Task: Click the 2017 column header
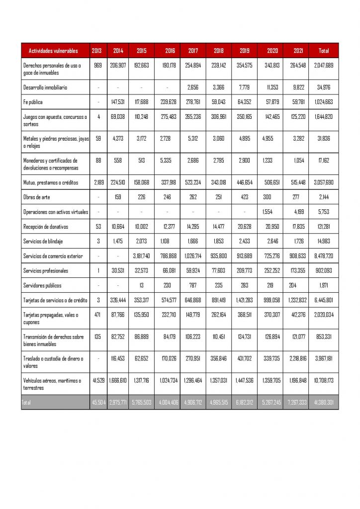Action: tap(193, 51)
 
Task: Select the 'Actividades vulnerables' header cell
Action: tap(53, 51)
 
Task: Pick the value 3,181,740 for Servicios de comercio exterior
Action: tap(142, 256)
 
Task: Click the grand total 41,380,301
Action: tap(323, 403)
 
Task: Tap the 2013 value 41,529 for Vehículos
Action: tap(97, 381)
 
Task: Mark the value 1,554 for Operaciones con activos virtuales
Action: tap(268, 212)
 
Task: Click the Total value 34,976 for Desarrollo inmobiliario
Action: tap(324, 87)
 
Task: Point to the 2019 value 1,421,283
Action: tap(245, 300)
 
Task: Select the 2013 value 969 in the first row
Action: tap(97, 65)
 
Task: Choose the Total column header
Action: tap(324, 51)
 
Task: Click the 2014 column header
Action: tap(118, 51)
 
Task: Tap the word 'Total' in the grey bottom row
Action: tap(26, 403)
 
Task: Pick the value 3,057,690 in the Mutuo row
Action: tap(323, 182)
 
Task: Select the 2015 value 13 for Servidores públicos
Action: tap(142, 285)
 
